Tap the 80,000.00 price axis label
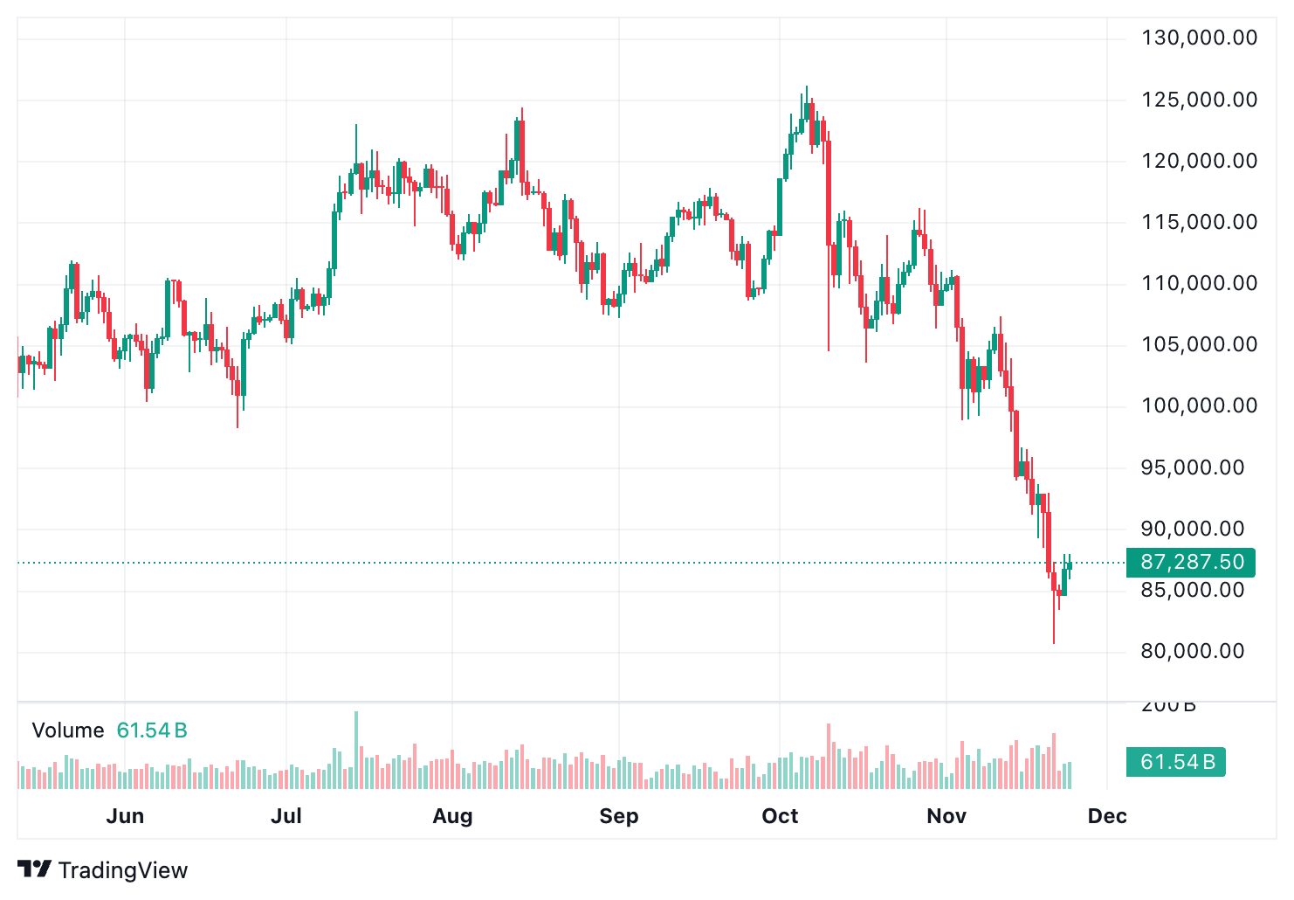click(x=1192, y=651)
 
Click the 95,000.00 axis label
click(x=1192, y=467)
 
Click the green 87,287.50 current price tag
click(x=1191, y=562)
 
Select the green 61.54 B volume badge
click(x=1177, y=762)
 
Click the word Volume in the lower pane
click(x=68, y=730)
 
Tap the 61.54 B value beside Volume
click(x=152, y=730)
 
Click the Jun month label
click(x=125, y=816)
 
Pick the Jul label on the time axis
click(x=286, y=816)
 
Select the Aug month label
click(x=452, y=816)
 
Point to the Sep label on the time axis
click(x=619, y=816)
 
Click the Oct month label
click(x=780, y=816)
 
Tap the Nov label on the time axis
click(x=946, y=816)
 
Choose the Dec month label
click(x=1107, y=816)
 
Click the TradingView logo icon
click(x=34, y=869)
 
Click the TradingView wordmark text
click(x=123, y=870)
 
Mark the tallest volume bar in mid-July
click(x=356, y=751)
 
